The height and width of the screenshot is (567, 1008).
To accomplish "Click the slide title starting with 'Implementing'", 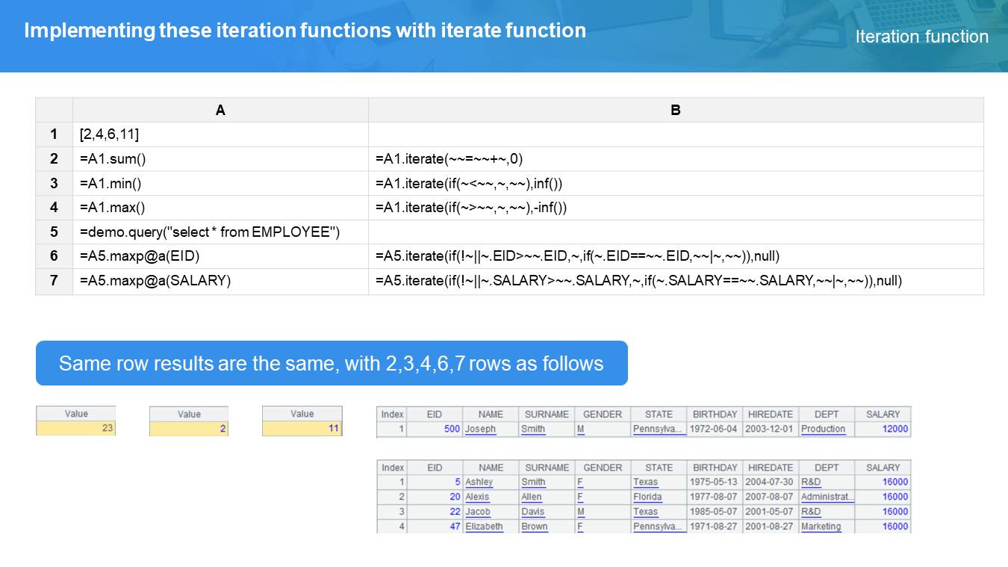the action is click(x=305, y=31).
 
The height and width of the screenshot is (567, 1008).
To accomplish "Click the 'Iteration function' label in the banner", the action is click(x=921, y=37).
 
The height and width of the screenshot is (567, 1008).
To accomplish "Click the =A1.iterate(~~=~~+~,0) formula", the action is click(x=449, y=158).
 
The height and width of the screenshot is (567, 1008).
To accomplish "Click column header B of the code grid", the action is click(x=676, y=110).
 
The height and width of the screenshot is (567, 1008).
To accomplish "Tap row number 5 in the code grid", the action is click(x=54, y=232).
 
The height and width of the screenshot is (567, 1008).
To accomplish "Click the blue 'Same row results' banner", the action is click(x=332, y=363).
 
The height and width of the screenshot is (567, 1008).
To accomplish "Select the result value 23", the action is click(x=107, y=428).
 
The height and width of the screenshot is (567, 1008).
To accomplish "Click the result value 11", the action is click(x=333, y=428).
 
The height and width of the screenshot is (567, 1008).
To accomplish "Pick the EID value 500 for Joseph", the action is click(x=452, y=429).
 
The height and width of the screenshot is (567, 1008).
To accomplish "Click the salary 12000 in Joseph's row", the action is click(x=895, y=429).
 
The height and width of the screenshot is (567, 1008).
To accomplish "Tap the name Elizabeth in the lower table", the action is click(x=484, y=527).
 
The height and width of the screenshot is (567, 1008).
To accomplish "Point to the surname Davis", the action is click(x=533, y=512).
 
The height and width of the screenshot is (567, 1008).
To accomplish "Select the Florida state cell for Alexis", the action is click(x=647, y=497).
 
